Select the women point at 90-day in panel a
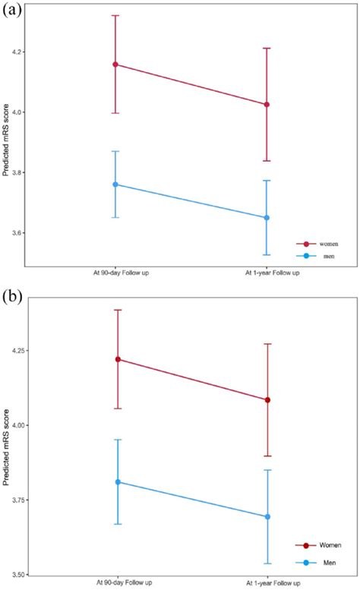(115, 65)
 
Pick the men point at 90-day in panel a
(115, 185)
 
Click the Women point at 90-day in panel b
(118, 359)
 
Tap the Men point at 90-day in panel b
(118, 482)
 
